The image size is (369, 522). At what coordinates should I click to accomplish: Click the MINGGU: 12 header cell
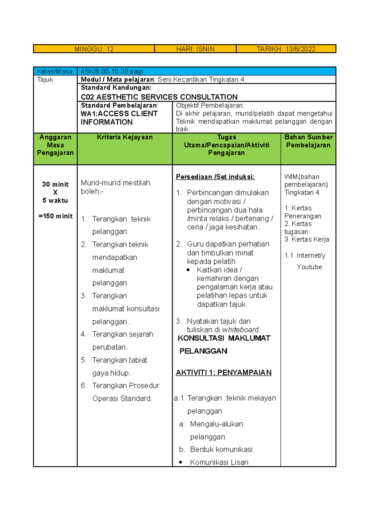click(x=94, y=49)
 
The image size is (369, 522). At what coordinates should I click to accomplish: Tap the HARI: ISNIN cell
click(x=195, y=49)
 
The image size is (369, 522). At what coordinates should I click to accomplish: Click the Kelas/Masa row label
click(x=54, y=72)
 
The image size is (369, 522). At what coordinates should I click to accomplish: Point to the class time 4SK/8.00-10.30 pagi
click(x=112, y=72)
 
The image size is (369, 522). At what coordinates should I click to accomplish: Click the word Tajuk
click(x=45, y=80)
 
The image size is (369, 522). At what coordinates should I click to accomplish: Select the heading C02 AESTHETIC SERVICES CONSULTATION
click(x=159, y=97)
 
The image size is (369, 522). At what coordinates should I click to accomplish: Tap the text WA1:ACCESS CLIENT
click(x=119, y=114)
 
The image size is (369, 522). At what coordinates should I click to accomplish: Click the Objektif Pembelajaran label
click(x=210, y=105)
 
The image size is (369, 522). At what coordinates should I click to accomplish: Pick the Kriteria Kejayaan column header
click(x=125, y=137)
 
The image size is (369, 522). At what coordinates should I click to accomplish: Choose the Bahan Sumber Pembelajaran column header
click(x=308, y=141)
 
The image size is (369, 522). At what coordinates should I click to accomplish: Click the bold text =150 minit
click(x=55, y=216)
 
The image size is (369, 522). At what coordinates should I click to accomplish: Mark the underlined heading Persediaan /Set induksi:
click(x=215, y=177)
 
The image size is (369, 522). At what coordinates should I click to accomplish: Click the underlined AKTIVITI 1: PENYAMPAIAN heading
click(x=224, y=373)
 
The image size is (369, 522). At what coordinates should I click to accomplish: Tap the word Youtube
click(x=309, y=267)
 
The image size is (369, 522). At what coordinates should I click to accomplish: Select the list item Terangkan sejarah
click(x=122, y=334)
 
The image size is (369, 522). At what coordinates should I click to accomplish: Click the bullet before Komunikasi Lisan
click(x=181, y=462)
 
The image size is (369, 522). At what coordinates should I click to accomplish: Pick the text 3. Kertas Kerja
click(x=307, y=239)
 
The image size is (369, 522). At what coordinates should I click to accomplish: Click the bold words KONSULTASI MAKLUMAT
click(x=224, y=338)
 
